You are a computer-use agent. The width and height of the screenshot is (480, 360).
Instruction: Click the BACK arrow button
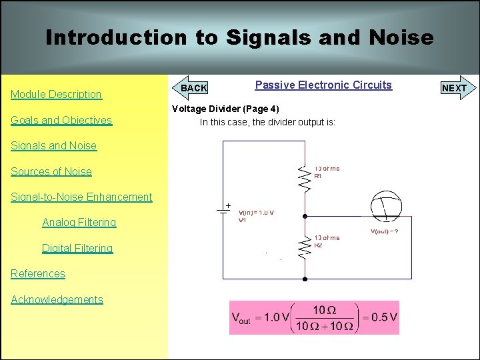pyautogui.click(x=193, y=88)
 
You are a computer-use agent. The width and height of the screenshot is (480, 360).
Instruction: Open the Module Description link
pyautogui.click(x=56, y=95)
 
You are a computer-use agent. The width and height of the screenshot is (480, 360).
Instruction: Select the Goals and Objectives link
pyautogui.click(x=61, y=121)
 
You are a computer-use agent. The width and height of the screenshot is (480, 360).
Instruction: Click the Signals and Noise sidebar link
pyautogui.click(x=53, y=146)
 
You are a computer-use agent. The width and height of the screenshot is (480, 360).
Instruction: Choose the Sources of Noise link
pyautogui.click(x=51, y=171)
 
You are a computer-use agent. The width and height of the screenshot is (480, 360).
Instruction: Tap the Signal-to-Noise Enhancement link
pyautogui.click(x=81, y=197)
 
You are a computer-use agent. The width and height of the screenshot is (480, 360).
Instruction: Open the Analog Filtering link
pyautogui.click(x=79, y=223)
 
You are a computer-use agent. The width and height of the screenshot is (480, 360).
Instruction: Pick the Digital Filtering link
pyautogui.click(x=77, y=248)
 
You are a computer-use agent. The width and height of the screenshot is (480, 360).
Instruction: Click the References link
pyautogui.click(x=38, y=273)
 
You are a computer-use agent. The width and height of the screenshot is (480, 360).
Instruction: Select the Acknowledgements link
pyautogui.click(x=57, y=299)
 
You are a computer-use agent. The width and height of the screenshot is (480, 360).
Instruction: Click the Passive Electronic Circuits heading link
pyautogui.click(x=323, y=85)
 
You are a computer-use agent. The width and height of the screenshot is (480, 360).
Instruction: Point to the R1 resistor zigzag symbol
pyautogui.click(x=305, y=177)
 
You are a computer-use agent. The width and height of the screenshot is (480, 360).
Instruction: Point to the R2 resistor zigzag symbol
pyautogui.click(x=305, y=247)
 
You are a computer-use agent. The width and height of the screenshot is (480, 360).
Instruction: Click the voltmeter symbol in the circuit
pyautogui.click(x=385, y=207)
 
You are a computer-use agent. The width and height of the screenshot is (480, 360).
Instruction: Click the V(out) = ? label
pyautogui.click(x=385, y=231)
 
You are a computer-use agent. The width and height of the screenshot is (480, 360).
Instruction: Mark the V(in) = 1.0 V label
pyautogui.click(x=257, y=213)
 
